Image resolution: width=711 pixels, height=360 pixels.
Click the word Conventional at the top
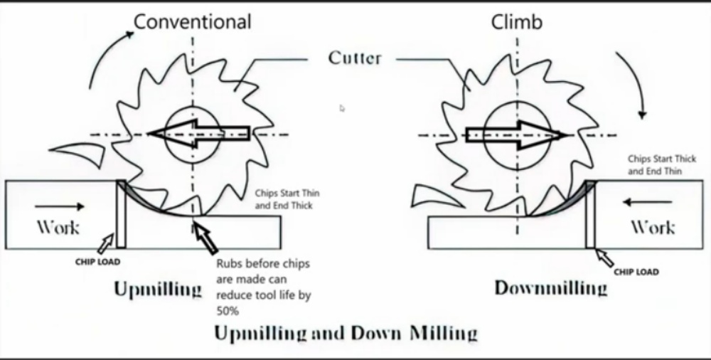tap(193, 22)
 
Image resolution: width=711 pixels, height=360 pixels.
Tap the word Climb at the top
tap(517, 22)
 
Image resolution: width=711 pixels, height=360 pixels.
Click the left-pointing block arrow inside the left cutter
tap(199, 133)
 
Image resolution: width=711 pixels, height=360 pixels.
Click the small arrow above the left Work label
tap(70, 206)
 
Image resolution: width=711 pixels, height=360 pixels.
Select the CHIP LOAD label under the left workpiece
tap(97, 261)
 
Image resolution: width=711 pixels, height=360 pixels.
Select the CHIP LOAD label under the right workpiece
tap(636, 272)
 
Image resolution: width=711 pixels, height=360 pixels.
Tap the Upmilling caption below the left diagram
tap(157, 290)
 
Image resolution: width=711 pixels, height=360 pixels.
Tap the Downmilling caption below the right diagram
tap(551, 288)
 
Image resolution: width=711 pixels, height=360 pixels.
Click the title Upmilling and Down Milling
tap(346, 333)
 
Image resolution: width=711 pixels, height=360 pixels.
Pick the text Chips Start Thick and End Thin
tap(661, 165)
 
